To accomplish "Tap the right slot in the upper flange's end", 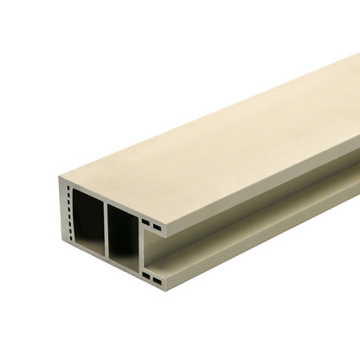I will (x=157, y=227).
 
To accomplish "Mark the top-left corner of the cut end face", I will (x=60, y=179).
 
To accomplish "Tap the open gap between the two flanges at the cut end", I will (x=152, y=252).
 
